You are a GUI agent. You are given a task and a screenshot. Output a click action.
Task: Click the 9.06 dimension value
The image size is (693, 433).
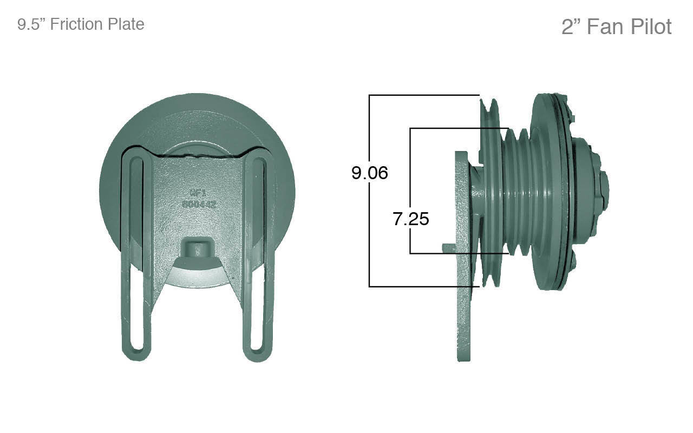coord(370,173)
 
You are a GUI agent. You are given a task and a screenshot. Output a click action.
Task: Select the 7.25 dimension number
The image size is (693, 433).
coord(411,219)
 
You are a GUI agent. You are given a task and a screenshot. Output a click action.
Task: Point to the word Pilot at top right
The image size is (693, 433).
coord(650,27)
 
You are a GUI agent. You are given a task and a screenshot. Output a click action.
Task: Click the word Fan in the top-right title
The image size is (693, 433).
coord(605,27)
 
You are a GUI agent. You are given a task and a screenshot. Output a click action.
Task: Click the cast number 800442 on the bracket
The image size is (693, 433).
coord(199,205)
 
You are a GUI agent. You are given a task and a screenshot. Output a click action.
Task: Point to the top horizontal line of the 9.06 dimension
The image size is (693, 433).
coord(422,95)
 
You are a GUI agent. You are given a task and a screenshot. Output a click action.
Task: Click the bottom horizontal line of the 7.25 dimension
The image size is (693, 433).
coord(457,253)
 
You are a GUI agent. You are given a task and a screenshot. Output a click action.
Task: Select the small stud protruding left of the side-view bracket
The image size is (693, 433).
coord(448,247)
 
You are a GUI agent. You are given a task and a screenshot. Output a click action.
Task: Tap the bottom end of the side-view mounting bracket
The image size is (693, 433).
coord(465,355)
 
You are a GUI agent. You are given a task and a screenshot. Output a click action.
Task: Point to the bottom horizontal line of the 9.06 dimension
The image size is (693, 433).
coord(422,286)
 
